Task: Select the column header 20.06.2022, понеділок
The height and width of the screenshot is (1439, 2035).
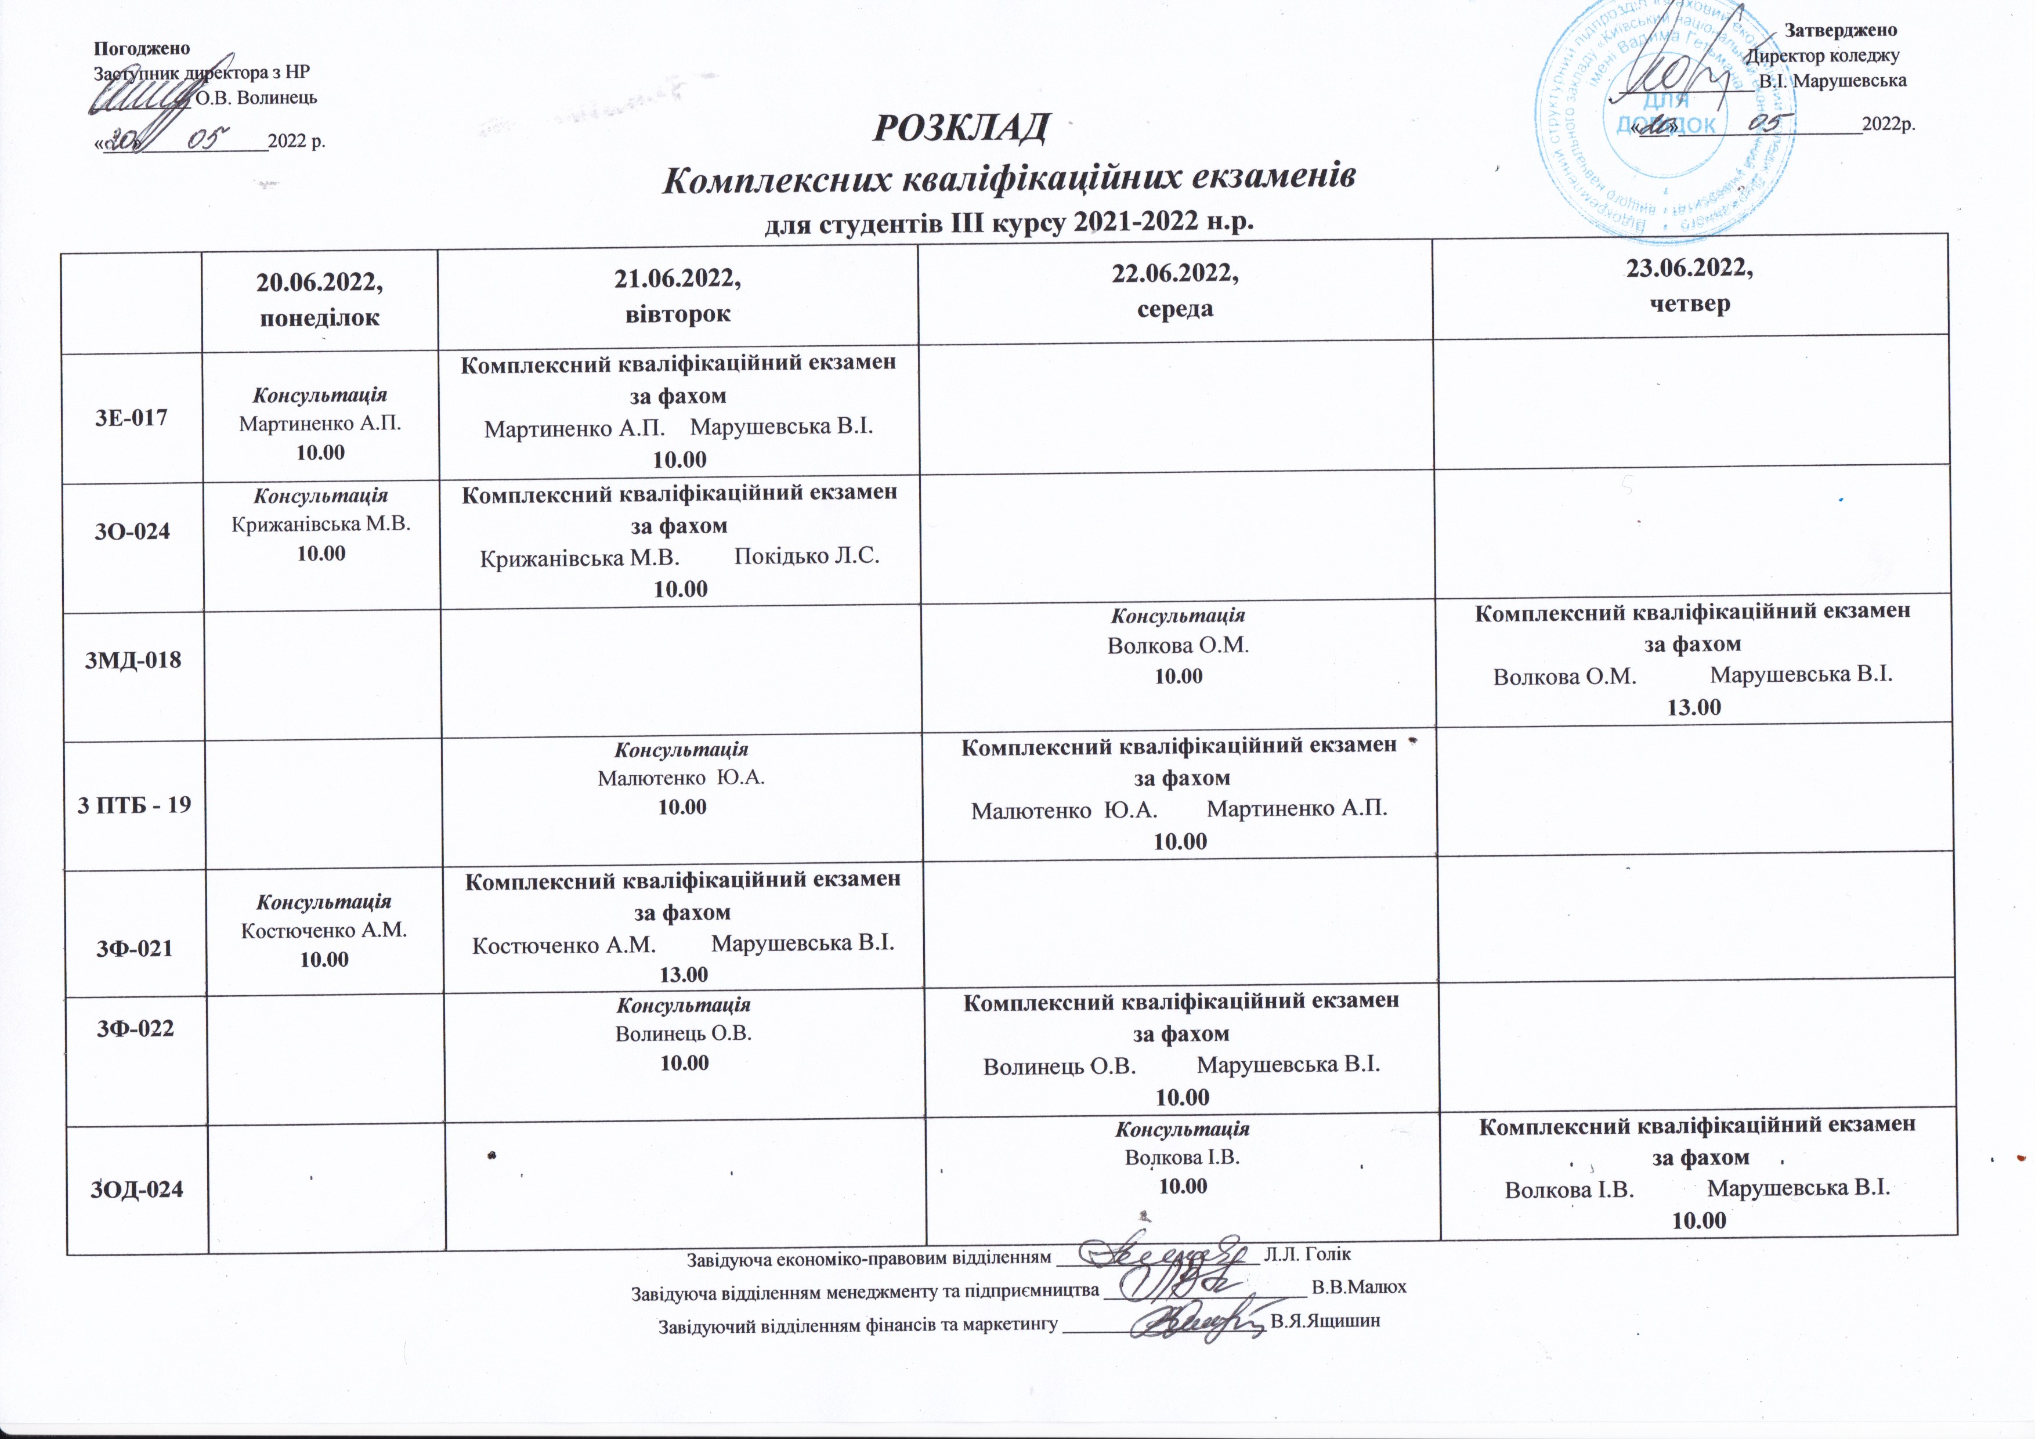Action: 319,299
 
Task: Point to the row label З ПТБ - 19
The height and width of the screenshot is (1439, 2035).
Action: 134,805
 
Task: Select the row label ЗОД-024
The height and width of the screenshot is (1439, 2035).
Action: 138,1189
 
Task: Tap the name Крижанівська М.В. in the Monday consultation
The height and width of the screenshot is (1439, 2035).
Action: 321,525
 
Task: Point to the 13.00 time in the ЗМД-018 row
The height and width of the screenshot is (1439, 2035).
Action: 1694,707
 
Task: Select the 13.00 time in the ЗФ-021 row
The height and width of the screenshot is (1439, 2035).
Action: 684,975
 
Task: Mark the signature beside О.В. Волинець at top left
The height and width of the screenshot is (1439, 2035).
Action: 142,96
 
